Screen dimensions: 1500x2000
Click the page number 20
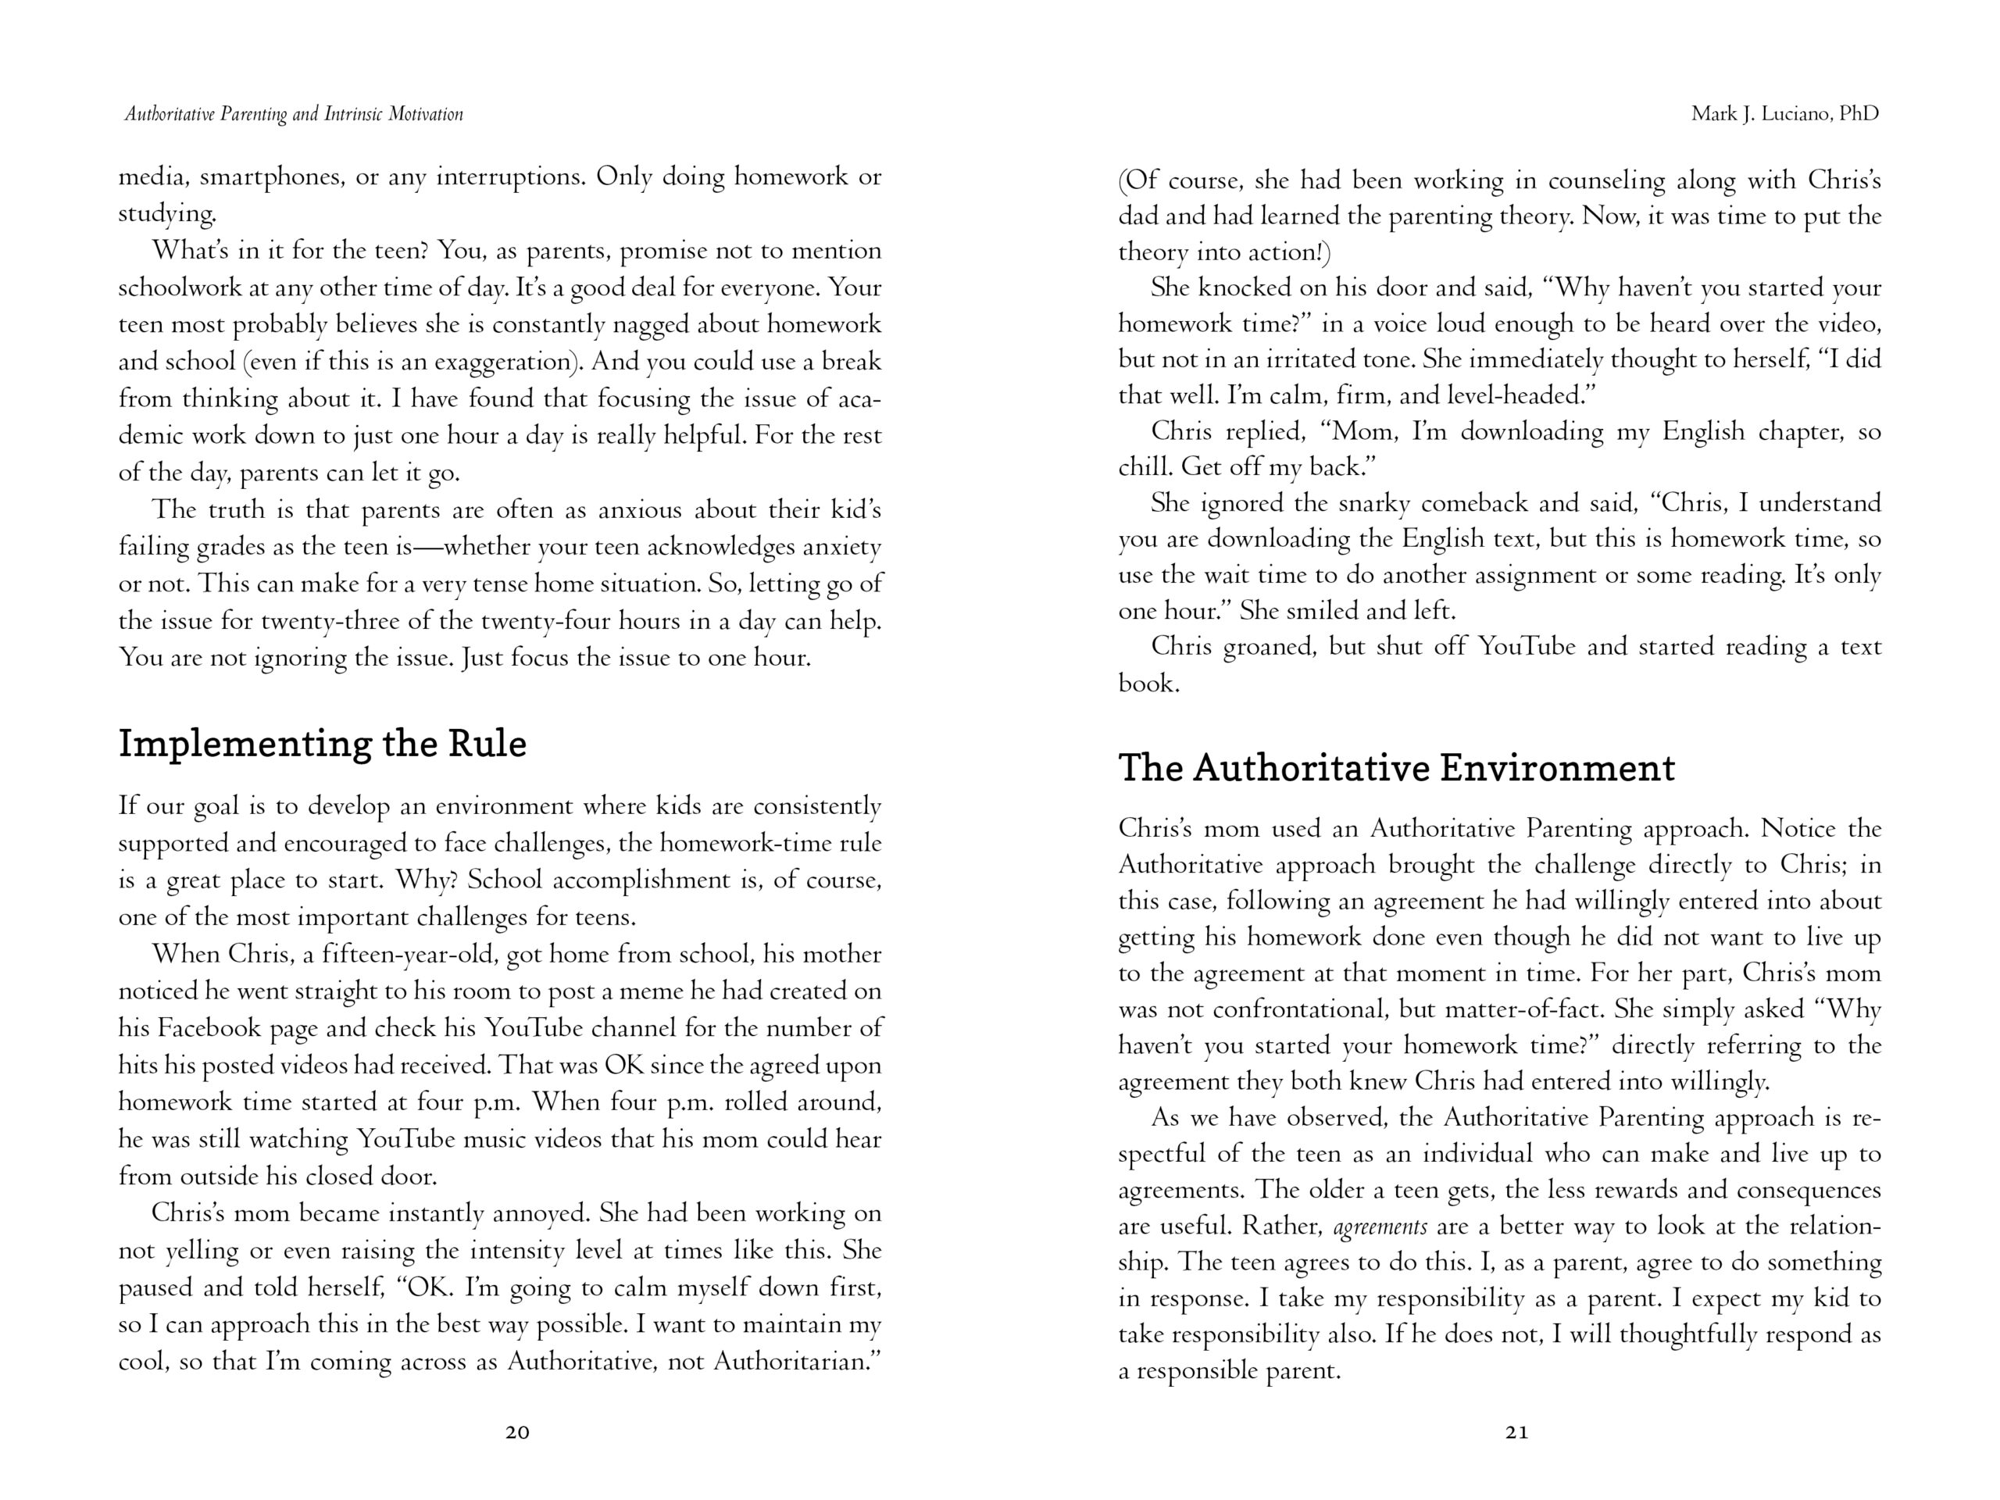(x=517, y=1432)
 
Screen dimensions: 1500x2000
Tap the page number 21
(x=1517, y=1432)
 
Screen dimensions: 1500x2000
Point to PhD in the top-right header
(x=1859, y=114)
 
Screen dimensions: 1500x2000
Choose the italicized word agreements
(x=1380, y=1227)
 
